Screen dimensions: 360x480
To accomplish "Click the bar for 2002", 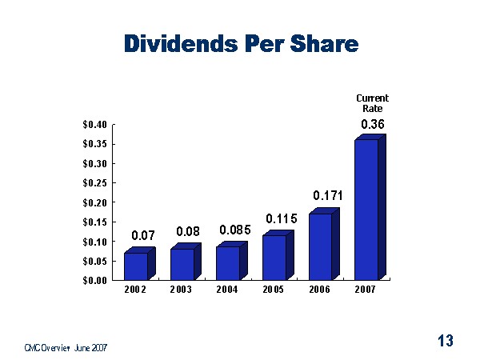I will pos(135,266).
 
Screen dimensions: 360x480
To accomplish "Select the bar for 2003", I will pos(182,264).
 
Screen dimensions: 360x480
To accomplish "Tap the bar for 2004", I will pos(227,263).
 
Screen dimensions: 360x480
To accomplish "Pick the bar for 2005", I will pos(274,258).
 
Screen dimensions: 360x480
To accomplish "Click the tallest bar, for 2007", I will pos(366,210).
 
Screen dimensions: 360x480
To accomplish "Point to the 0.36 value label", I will pos(372,124).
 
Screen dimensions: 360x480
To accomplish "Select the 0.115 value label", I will pos(280,218).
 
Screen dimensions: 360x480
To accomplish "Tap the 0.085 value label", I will pos(235,230).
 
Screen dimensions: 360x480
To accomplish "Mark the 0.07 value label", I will pos(142,236).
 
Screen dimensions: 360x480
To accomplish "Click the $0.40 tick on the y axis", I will pos(94,125).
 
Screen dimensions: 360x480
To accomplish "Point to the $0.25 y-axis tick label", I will pos(94,183).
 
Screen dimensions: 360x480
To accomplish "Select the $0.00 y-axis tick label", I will pos(94,280).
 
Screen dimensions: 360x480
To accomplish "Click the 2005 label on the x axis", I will pos(273,290).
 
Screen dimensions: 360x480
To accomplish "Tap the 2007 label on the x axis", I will pos(364,290).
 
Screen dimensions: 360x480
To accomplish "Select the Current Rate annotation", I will pos(372,103).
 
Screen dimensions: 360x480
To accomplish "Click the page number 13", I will pos(446,342).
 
